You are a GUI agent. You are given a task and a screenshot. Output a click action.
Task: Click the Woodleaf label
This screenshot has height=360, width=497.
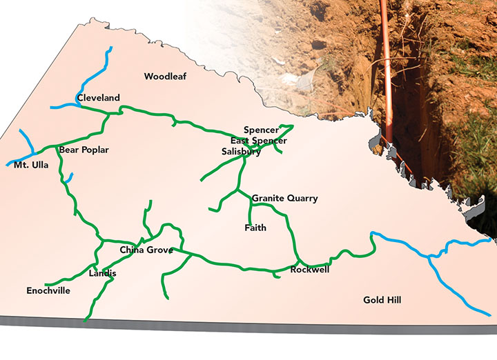[165, 77]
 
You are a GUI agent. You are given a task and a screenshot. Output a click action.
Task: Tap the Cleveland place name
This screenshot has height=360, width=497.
[99, 99]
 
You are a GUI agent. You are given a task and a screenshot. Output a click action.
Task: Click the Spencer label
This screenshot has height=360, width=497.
[261, 130]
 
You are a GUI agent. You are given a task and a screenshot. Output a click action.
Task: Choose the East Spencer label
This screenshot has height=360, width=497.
[258, 141]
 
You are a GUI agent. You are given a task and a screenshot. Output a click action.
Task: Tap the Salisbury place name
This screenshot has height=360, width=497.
[242, 152]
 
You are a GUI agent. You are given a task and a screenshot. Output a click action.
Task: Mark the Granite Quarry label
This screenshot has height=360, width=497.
[284, 199]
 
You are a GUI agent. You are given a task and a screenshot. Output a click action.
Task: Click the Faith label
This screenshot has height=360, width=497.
[255, 228]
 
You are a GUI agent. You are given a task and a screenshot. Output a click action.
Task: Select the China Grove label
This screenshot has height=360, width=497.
[146, 250]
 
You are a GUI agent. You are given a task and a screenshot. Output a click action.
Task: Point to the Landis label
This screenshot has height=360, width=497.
[103, 274]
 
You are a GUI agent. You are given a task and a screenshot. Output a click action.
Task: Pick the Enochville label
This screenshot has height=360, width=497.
[48, 291]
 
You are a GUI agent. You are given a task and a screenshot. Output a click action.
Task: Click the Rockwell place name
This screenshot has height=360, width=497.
[309, 270]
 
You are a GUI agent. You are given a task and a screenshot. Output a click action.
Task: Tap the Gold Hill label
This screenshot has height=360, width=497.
[382, 300]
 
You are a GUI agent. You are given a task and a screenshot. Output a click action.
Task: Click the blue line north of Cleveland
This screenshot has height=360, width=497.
[104, 69]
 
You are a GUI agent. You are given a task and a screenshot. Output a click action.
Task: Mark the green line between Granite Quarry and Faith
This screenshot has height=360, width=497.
[250, 210]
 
